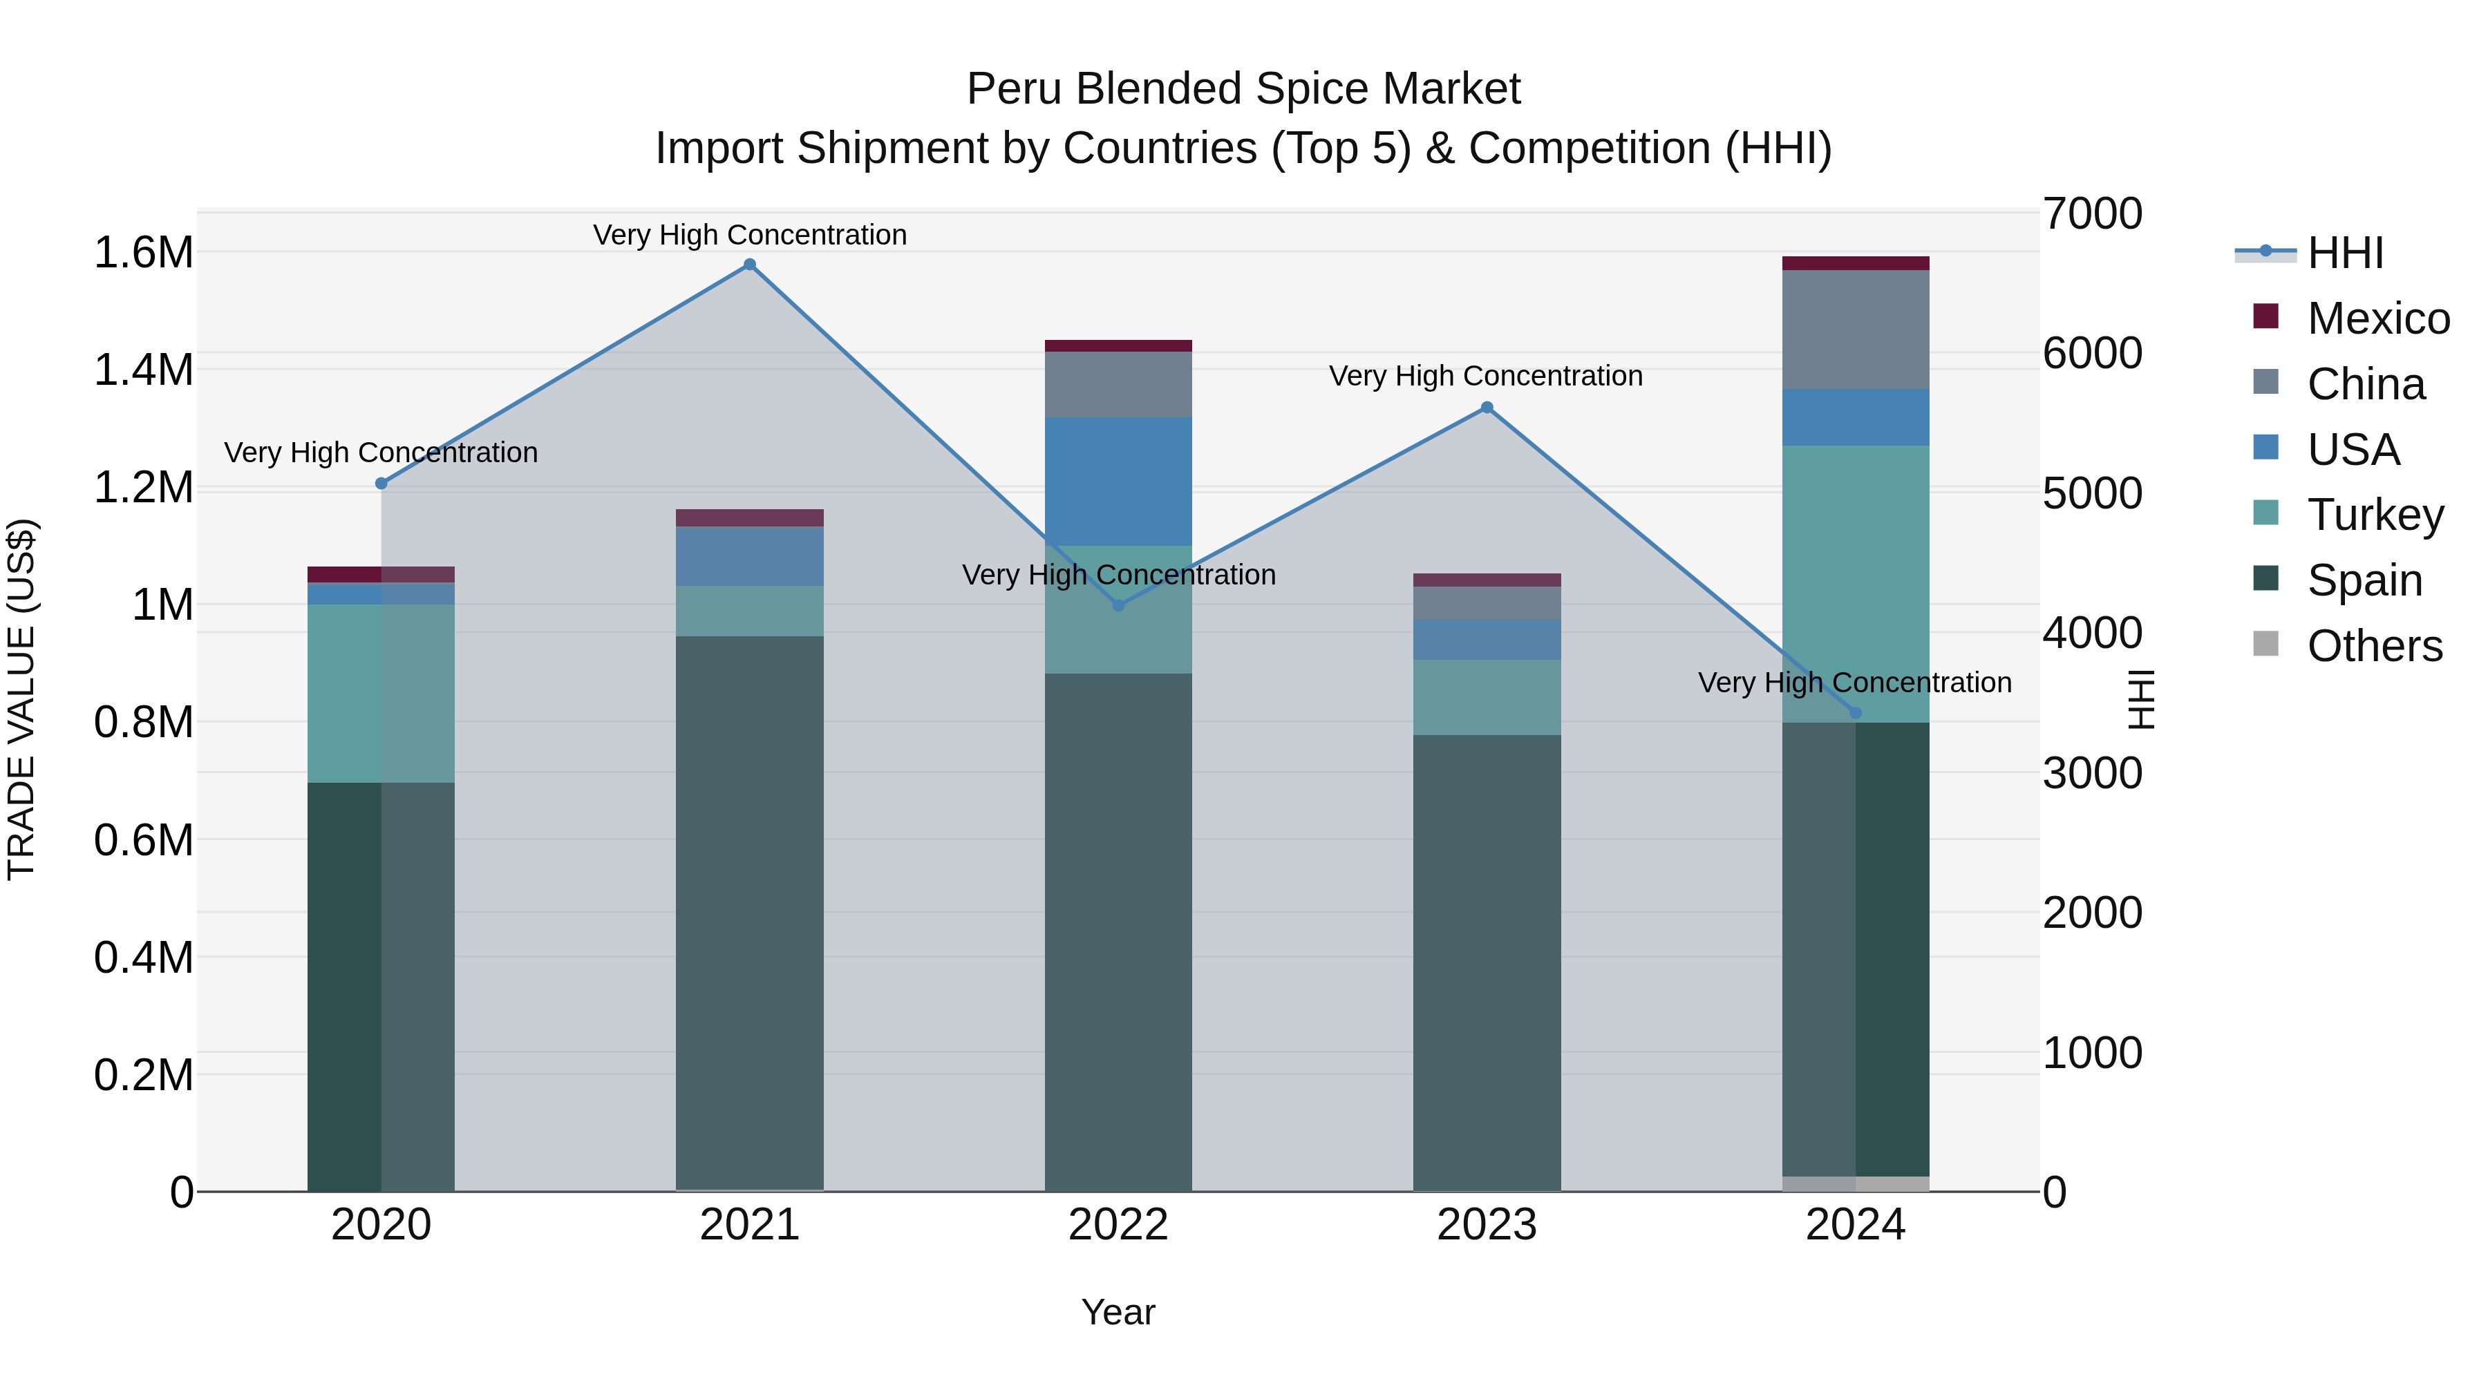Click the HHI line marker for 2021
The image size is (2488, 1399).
[749, 265]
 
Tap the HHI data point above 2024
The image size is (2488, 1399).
[1856, 714]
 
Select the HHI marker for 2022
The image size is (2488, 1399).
[1118, 605]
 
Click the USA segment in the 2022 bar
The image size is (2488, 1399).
[1118, 481]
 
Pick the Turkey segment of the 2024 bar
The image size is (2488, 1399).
[1856, 583]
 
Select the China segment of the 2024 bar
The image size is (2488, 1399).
[1856, 330]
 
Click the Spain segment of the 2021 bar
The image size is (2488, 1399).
[749, 913]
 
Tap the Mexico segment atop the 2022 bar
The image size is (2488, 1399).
[1118, 345]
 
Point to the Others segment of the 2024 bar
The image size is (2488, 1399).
[1856, 1183]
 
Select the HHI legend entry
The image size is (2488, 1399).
[2345, 253]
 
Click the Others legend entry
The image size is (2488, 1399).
[2374, 646]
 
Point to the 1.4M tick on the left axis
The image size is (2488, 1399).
[143, 370]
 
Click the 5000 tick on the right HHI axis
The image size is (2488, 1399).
[2093, 493]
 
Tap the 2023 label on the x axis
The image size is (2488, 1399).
[1487, 1225]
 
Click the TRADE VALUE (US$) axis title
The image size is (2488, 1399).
[21, 700]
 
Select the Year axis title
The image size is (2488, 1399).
[1118, 1312]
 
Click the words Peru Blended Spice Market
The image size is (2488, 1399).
[1243, 89]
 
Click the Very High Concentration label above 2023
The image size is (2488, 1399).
[1485, 376]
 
